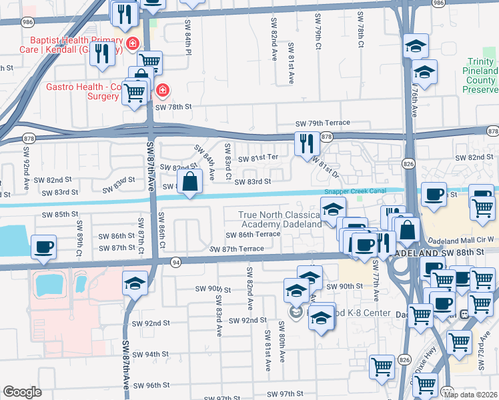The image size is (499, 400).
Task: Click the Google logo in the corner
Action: point(22,392)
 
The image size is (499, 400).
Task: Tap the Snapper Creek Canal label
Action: point(355,191)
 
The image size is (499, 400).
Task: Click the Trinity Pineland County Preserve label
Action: point(481,80)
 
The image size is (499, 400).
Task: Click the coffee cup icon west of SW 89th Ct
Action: point(43,247)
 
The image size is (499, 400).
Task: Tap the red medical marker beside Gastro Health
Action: point(161,90)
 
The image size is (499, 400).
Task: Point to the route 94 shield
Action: point(176,261)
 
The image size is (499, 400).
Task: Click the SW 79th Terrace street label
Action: point(323,124)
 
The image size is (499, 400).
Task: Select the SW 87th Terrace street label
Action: point(237,249)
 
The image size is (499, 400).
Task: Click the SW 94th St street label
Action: point(163,355)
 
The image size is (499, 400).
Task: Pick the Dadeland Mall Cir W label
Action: point(456,239)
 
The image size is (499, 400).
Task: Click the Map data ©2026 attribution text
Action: point(471,395)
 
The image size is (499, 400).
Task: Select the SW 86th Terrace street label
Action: point(253,235)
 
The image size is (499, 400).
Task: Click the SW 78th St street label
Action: point(173,107)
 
